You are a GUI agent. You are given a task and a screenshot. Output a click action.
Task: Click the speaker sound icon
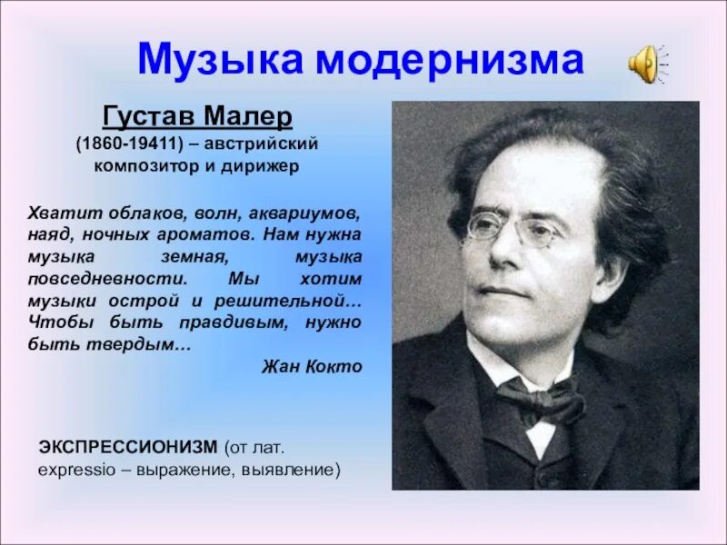pyautogui.click(x=646, y=64)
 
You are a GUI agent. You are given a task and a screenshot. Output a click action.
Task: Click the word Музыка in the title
pyautogui.click(x=219, y=59)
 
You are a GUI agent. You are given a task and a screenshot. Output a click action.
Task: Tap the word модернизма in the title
pyautogui.click(x=451, y=59)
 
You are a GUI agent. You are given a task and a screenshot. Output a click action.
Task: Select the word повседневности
pyautogui.click(x=102, y=278)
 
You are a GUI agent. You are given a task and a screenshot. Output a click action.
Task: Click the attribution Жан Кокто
pyautogui.click(x=311, y=366)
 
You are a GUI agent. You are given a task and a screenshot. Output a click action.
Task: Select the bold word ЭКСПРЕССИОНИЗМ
pyautogui.click(x=127, y=448)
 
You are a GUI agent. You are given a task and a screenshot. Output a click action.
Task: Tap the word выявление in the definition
pyautogui.click(x=295, y=471)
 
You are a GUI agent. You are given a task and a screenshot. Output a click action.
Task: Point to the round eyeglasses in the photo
pyautogui.click(x=514, y=229)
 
